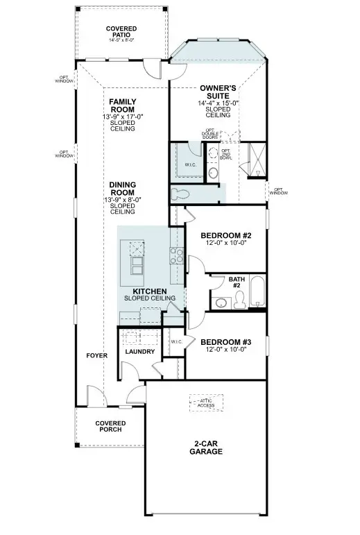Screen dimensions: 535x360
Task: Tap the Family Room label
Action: (x=123, y=105)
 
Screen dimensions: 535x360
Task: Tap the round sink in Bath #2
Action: (x=221, y=303)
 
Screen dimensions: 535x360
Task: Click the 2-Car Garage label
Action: (x=205, y=447)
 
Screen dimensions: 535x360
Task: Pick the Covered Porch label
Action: (x=110, y=426)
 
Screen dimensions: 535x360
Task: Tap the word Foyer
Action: (x=96, y=355)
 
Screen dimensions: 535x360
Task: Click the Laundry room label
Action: (x=139, y=352)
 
